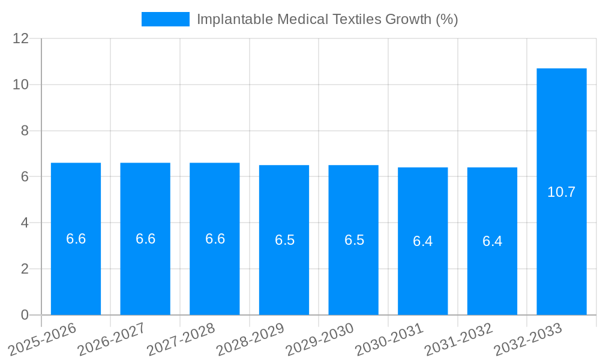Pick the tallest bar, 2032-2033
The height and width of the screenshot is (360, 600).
point(562,150)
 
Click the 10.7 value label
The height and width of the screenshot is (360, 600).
point(562,192)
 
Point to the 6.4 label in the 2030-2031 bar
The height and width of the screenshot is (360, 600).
point(423,241)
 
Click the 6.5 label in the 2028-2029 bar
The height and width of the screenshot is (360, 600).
point(284,240)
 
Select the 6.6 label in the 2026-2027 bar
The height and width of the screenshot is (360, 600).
point(145,239)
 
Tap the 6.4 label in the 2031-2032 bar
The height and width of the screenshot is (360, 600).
point(493,241)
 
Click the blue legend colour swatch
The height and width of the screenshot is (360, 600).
point(165,19)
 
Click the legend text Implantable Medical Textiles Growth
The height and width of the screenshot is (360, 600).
point(327,19)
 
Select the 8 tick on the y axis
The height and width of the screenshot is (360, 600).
point(25,131)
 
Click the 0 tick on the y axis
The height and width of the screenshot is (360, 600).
point(25,315)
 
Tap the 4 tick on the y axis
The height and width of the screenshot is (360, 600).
point(25,223)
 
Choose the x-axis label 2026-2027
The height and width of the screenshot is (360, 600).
point(112,339)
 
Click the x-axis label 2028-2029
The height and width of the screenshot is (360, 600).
point(250,339)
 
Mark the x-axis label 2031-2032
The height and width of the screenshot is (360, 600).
point(459,339)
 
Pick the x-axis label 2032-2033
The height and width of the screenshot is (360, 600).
point(528,339)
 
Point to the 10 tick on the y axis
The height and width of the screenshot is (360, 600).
point(21,85)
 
